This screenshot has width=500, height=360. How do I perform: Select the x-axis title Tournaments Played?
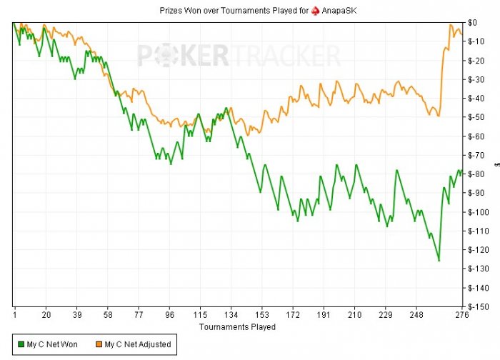(x=236, y=326)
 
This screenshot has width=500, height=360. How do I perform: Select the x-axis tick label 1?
(x=14, y=315)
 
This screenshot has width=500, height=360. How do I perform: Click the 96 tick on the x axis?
(x=169, y=315)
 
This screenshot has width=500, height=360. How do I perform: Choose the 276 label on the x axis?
(x=461, y=315)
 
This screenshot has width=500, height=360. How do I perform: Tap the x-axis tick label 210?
(x=355, y=315)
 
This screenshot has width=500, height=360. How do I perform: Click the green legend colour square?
(x=21, y=344)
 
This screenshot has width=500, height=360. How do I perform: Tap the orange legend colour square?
(x=99, y=344)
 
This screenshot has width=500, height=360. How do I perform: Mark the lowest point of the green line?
(x=439, y=261)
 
